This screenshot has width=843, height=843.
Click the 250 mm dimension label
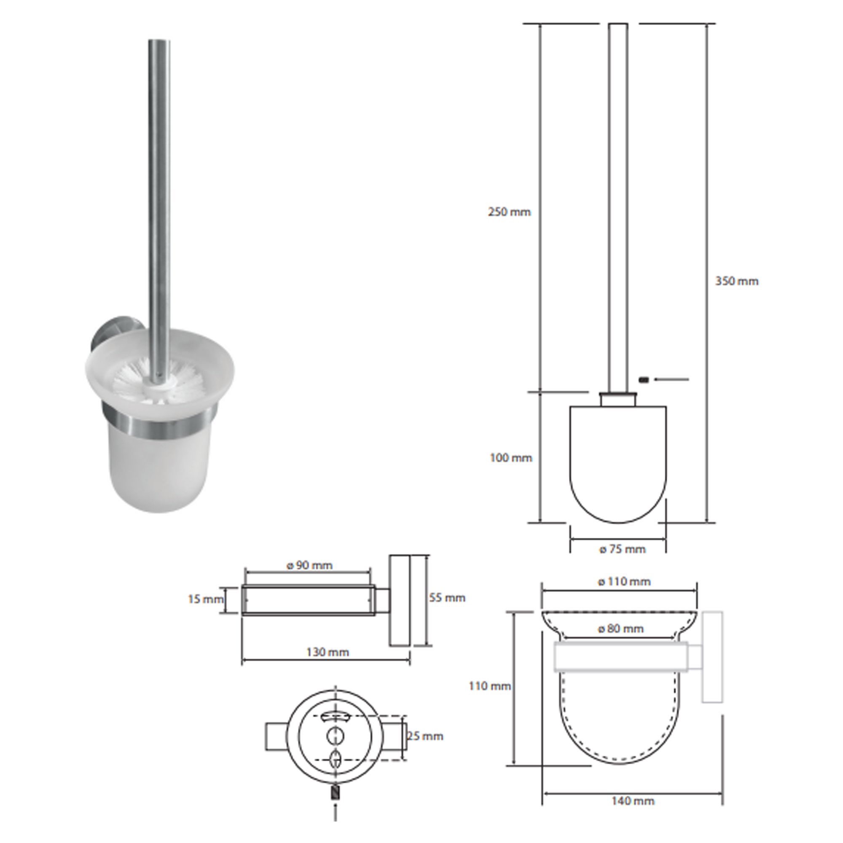(x=509, y=212)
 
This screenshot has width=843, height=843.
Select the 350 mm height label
(x=736, y=282)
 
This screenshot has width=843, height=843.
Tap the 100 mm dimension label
(x=511, y=458)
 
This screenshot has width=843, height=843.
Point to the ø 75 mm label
(x=622, y=549)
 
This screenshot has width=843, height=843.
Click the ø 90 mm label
(x=309, y=566)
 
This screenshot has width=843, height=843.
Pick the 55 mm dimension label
(x=447, y=598)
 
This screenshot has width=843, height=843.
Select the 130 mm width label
(x=328, y=652)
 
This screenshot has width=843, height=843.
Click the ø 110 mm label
(x=624, y=582)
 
